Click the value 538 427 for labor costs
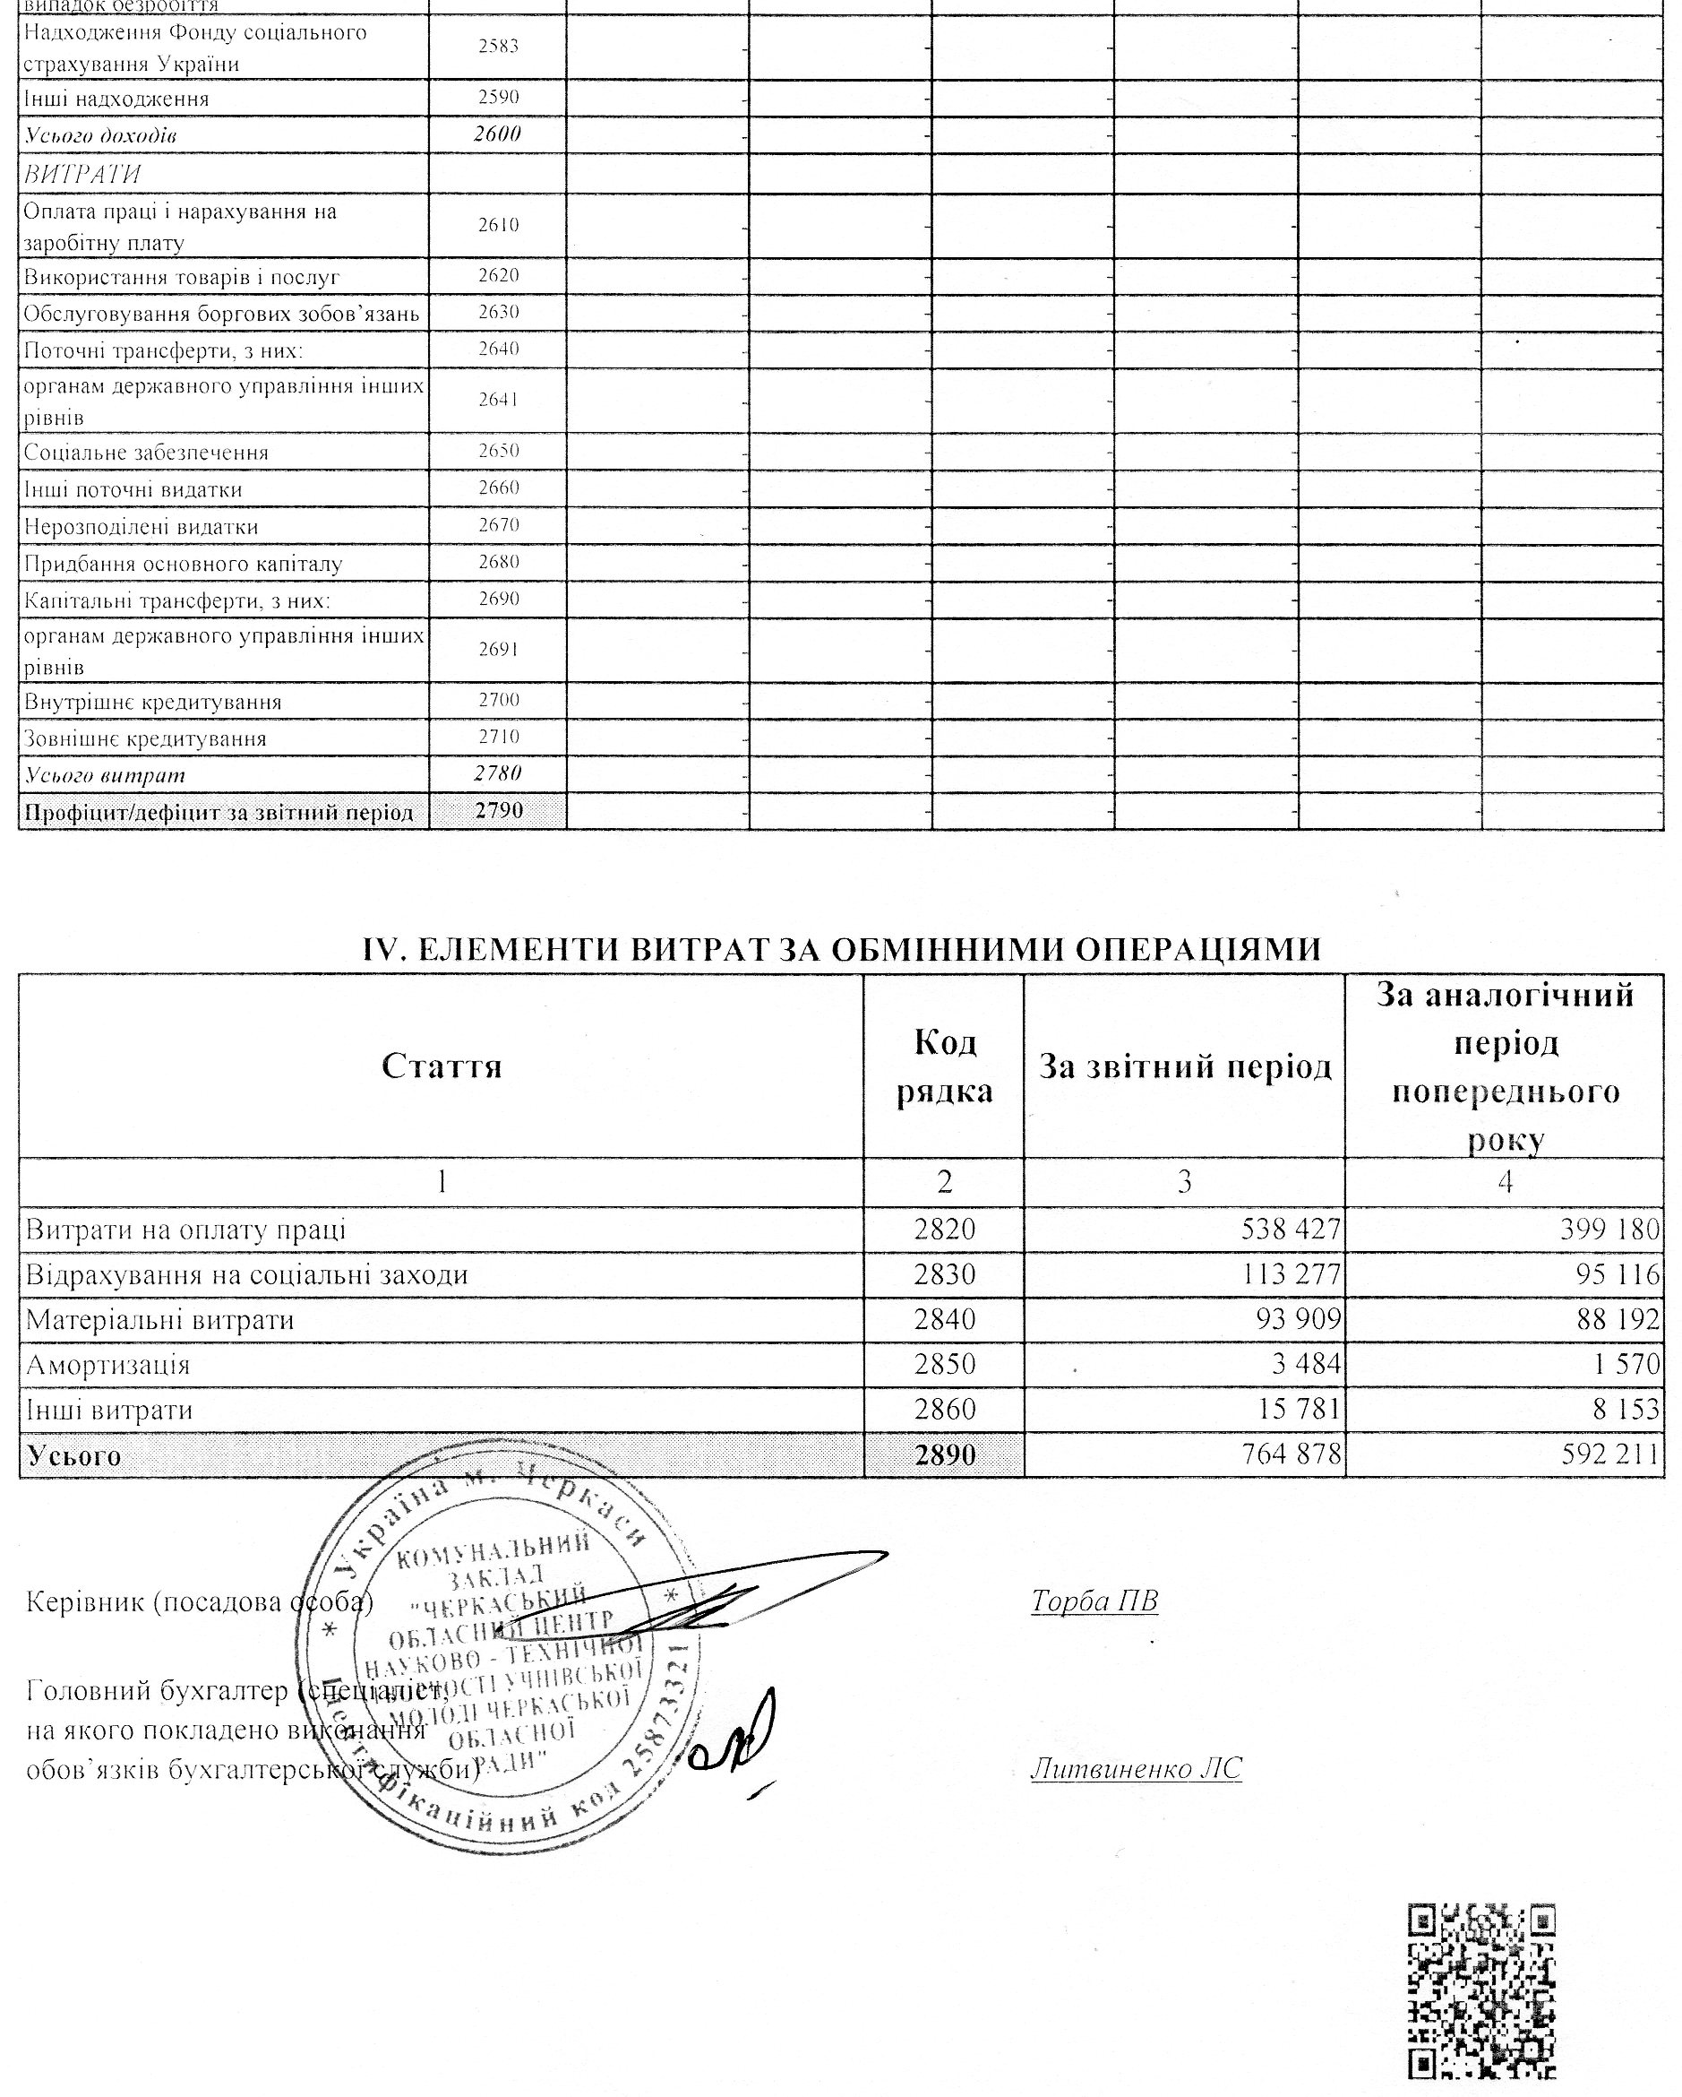(x=1291, y=1230)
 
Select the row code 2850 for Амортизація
(x=943, y=1365)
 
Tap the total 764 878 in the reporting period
(x=1291, y=1454)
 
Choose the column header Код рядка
(x=943, y=1067)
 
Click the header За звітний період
(x=1184, y=1067)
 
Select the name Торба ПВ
(x=1094, y=1600)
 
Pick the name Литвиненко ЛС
(x=1136, y=1767)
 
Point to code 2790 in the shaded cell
(x=498, y=811)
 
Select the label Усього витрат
(x=104, y=775)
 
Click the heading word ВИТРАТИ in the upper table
(x=82, y=174)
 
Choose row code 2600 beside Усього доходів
(x=498, y=134)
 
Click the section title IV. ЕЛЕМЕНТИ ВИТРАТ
(x=841, y=948)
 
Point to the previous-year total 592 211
(x=1611, y=1454)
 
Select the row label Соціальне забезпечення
(x=146, y=453)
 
